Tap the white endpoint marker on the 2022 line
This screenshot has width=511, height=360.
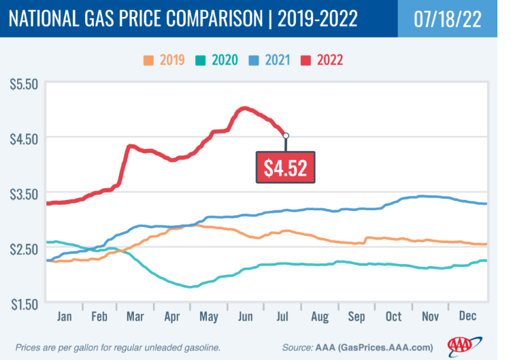pyautogui.click(x=286, y=135)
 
